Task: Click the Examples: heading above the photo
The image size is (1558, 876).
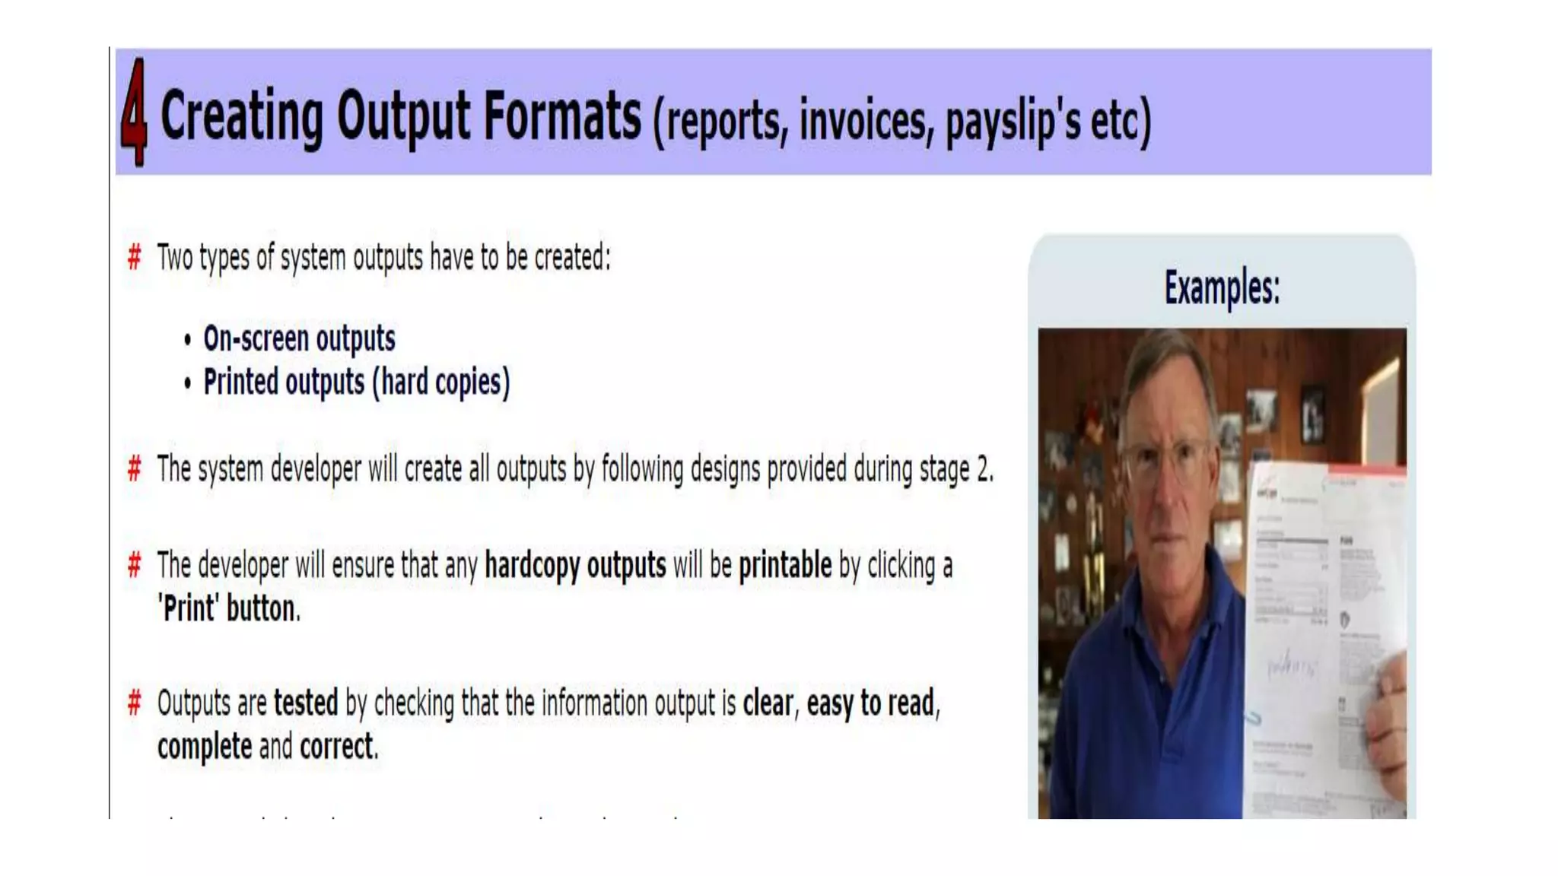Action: [x=1222, y=287]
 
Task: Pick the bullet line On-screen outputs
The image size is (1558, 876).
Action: [x=299, y=338]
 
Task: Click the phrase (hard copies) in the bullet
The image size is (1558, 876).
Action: [x=441, y=382]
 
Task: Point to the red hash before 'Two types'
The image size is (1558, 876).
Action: [x=135, y=258]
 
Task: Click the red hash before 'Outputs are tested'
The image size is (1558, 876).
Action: [x=135, y=703]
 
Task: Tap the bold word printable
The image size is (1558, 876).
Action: [x=785, y=566]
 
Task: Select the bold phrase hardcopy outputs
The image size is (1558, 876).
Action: [x=575, y=566]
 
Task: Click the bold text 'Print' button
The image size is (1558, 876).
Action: [x=229, y=609]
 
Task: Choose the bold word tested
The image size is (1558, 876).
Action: [x=306, y=703]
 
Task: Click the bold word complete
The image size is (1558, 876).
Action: [x=205, y=747]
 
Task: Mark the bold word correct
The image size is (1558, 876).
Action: [x=337, y=747]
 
